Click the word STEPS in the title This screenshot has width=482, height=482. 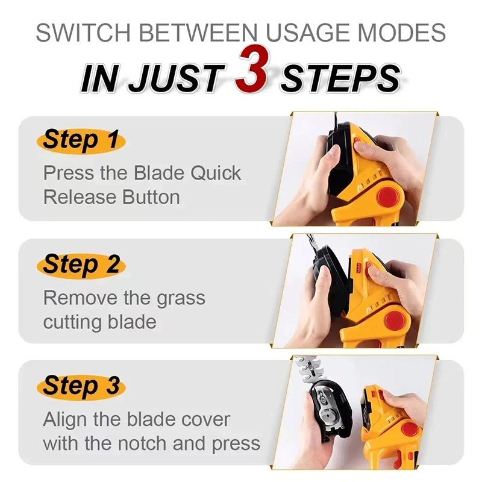pos(340,79)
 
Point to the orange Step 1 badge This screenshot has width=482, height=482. pos(81,141)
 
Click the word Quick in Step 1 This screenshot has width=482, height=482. pos(216,173)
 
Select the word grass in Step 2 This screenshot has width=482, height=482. pos(181,299)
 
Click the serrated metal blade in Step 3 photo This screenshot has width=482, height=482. pos(310,369)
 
